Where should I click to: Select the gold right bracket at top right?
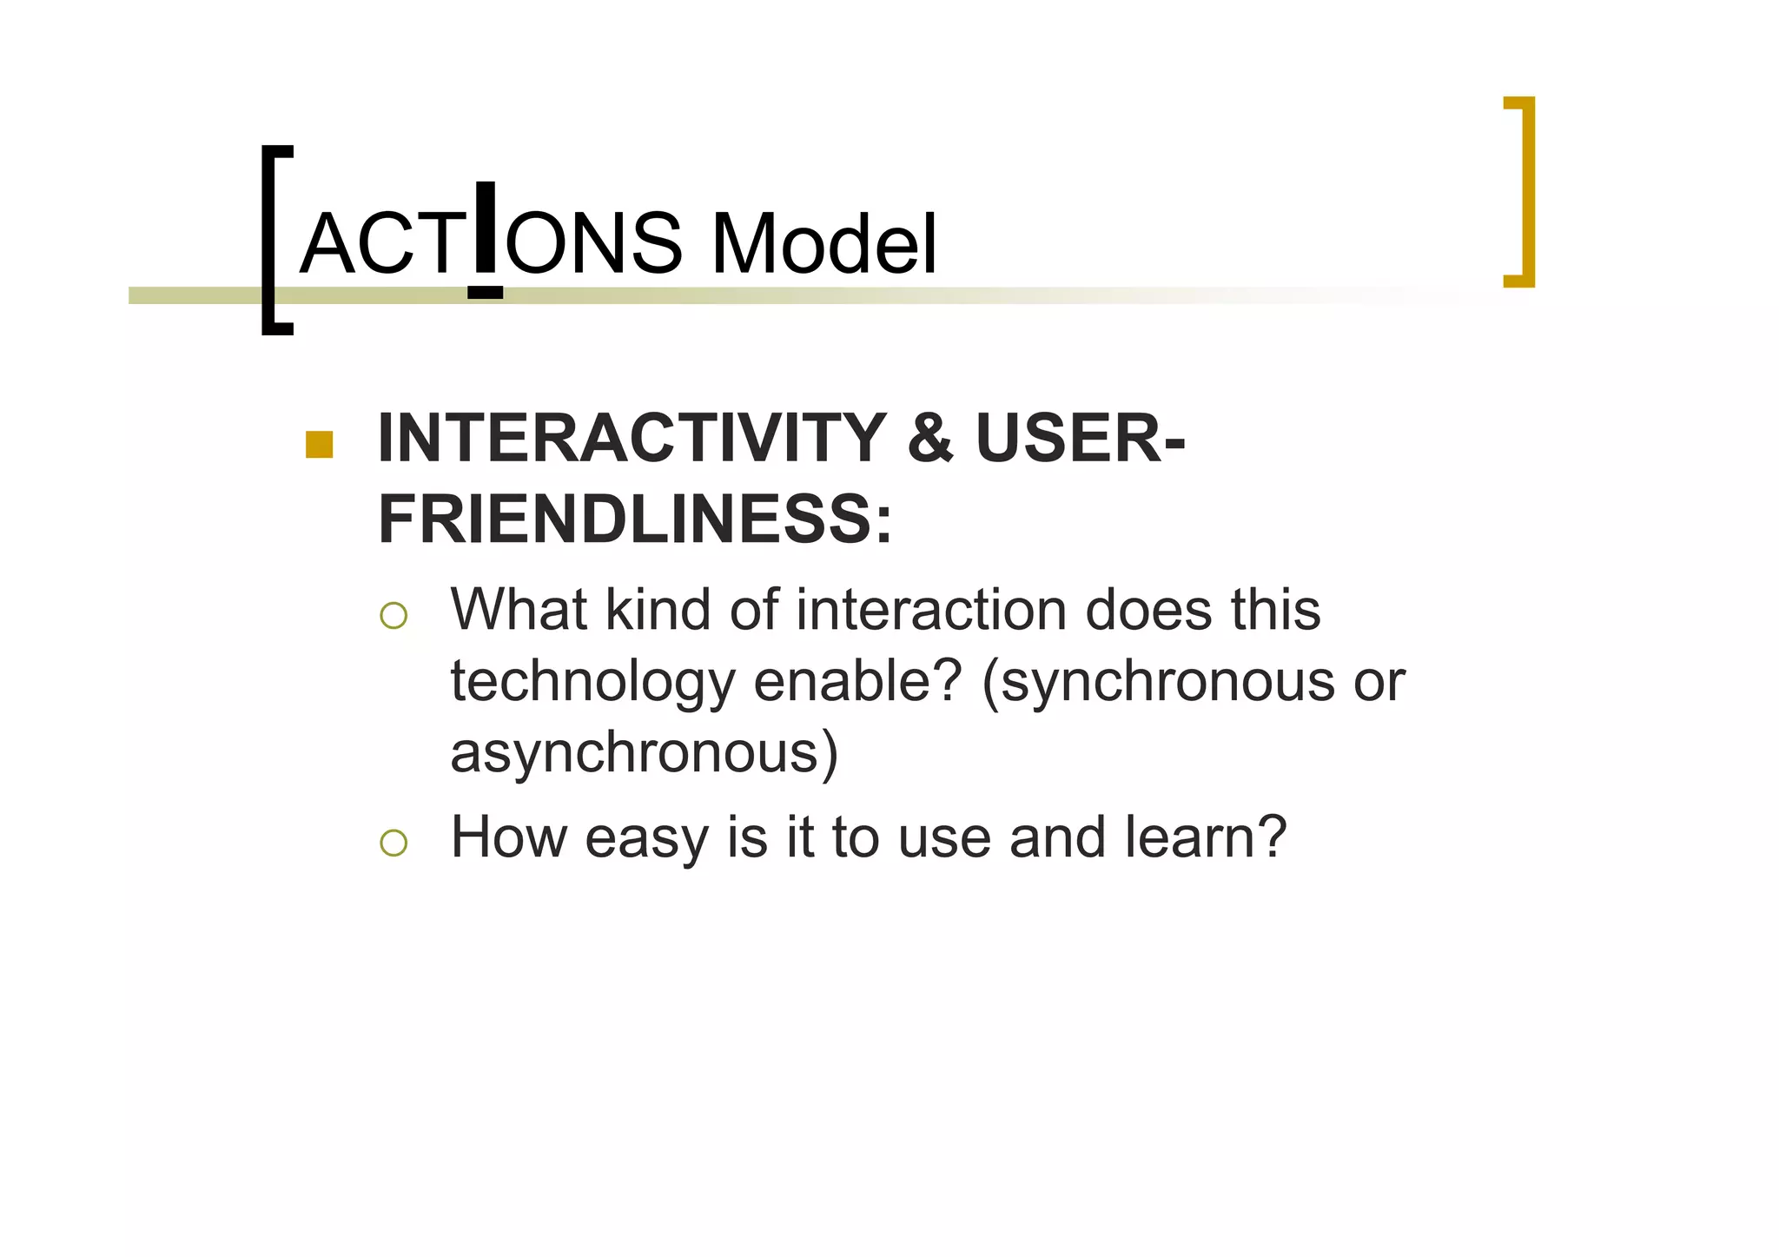(1523, 191)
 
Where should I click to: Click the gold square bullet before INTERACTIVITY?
(320, 444)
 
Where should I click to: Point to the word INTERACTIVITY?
(632, 439)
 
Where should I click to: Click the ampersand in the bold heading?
(929, 439)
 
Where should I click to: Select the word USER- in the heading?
(1080, 439)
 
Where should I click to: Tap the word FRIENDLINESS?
(635, 519)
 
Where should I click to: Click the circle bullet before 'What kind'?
(393, 615)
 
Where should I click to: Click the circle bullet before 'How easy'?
(393, 843)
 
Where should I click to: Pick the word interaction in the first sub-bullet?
(932, 610)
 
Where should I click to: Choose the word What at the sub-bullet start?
(519, 610)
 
